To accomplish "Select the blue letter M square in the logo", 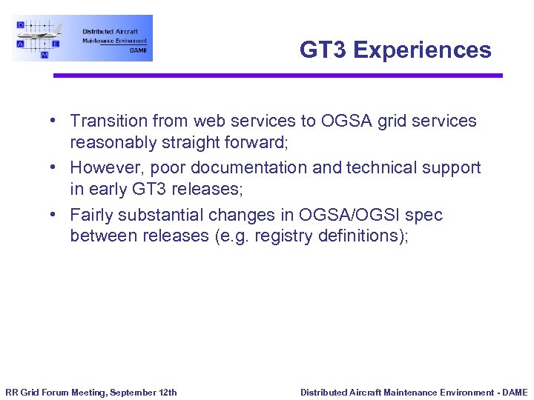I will (x=44, y=55).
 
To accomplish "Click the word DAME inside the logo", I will (x=138, y=50).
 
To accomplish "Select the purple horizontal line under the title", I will (x=277, y=75).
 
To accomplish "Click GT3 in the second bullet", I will (x=151, y=189).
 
